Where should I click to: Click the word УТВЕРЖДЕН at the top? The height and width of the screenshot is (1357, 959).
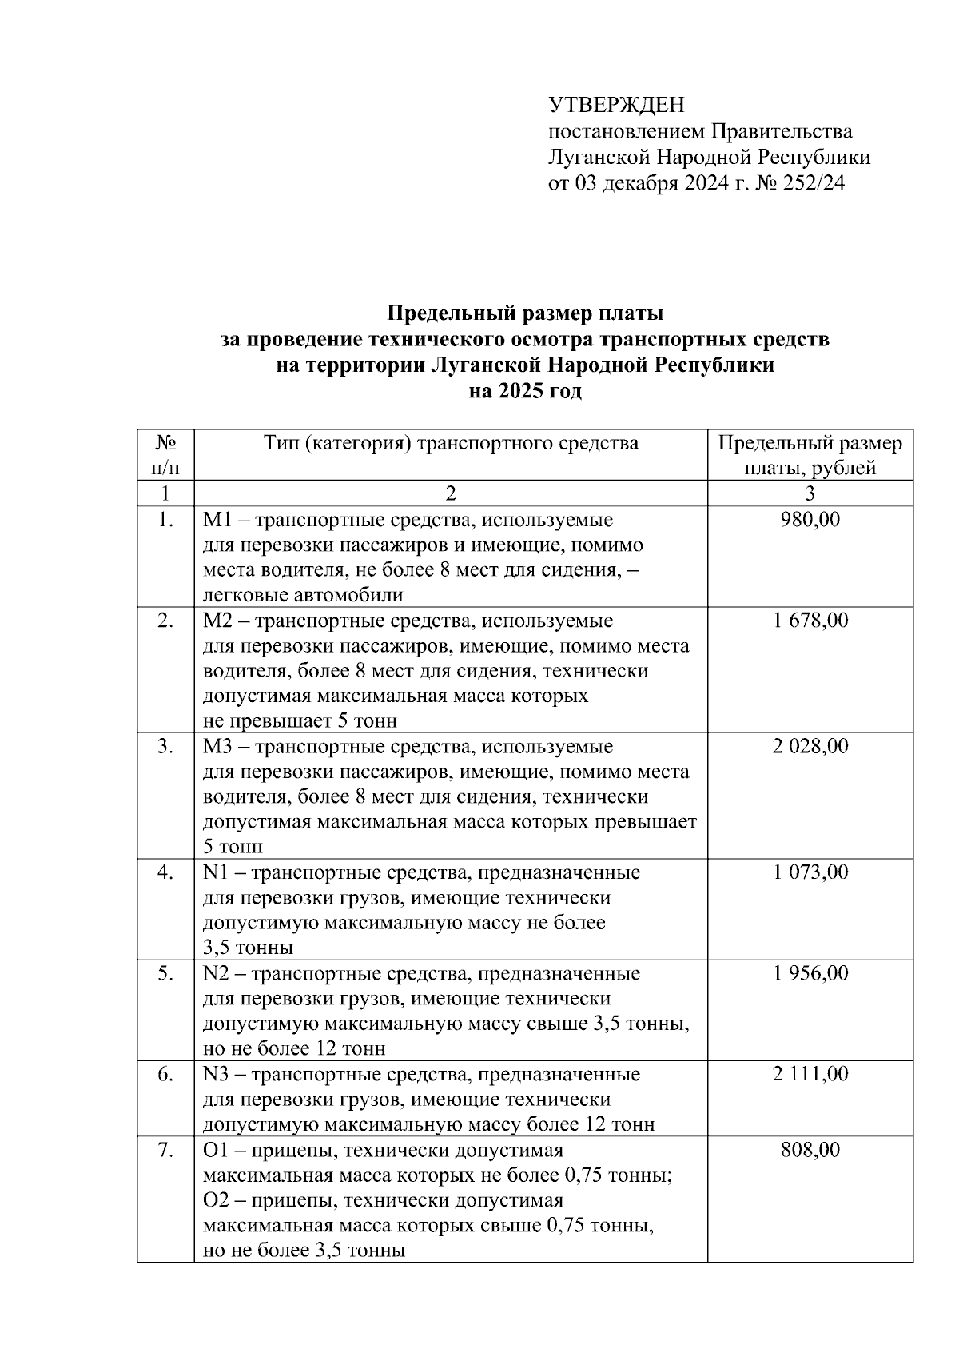[x=616, y=105]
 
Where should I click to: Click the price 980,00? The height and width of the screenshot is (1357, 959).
[x=810, y=520]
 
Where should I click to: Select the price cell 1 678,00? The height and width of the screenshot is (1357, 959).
[x=810, y=620]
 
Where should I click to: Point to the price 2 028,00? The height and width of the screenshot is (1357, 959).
[x=810, y=746]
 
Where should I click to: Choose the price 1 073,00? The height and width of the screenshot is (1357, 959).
[x=810, y=872]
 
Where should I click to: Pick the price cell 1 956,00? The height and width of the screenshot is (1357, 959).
[x=810, y=973]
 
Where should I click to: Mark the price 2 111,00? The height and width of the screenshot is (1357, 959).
[x=810, y=1073]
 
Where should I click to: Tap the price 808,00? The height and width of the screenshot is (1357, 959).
[x=810, y=1150]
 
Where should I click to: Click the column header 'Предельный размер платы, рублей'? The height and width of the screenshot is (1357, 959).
[x=810, y=455]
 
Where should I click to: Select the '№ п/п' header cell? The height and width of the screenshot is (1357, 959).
[x=165, y=455]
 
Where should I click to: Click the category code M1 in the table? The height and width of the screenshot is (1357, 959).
[x=216, y=521]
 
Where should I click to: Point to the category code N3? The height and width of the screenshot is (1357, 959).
[x=216, y=1074]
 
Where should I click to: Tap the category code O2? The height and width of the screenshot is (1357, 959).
[x=216, y=1201]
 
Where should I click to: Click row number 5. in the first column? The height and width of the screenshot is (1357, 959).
[x=165, y=973]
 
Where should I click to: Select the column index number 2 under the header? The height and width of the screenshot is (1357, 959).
[x=451, y=493]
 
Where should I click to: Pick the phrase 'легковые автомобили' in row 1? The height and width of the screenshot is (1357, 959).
[x=303, y=595]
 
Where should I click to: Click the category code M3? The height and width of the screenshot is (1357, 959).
[x=217, y=747]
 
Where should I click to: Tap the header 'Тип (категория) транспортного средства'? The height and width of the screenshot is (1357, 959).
[x=451, y=443]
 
